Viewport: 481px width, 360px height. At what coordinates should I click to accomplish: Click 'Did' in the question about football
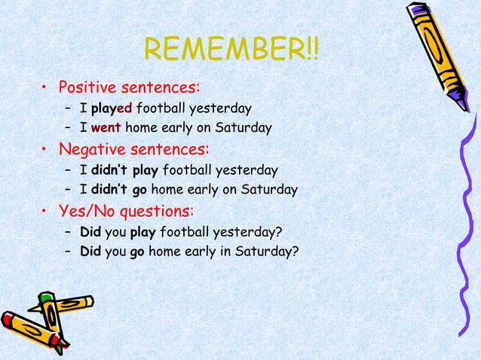[x=90, y=230]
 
